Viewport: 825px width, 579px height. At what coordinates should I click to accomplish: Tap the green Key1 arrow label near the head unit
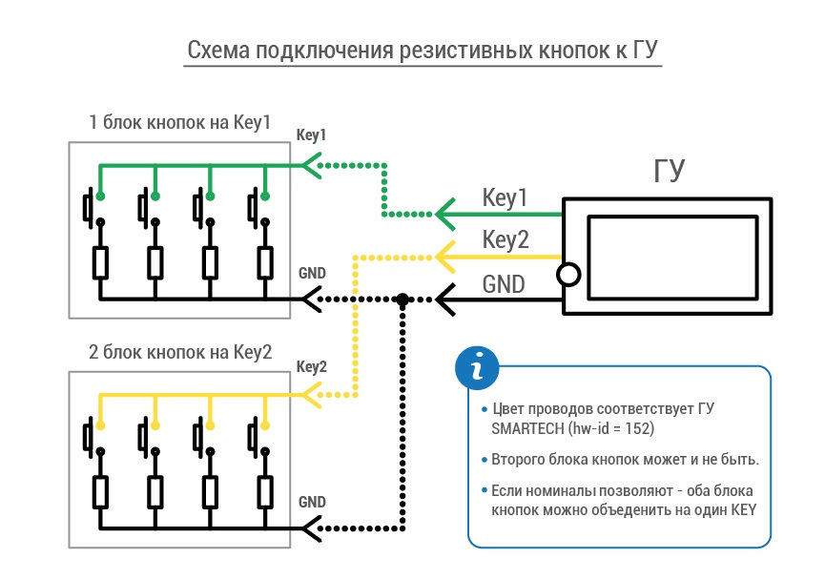[505, 199]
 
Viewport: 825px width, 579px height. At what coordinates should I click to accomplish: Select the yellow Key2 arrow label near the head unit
[505, 240]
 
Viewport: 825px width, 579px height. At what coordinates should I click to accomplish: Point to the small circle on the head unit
[568, 276]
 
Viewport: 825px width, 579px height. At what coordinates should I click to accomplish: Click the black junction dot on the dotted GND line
[403, 300]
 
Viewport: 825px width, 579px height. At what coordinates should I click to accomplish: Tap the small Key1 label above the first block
[312, 135]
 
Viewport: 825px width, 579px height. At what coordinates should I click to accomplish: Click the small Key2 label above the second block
[312, 366]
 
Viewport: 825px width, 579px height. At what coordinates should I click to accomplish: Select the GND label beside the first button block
[312, 273]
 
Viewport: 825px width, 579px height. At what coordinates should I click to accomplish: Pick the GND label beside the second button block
[312, 502]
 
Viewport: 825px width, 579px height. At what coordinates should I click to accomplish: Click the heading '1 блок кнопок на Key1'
[179, 123]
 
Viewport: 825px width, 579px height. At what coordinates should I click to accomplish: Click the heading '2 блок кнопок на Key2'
[179, 353]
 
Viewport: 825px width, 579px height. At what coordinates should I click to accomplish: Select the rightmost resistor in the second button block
[264, 492]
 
